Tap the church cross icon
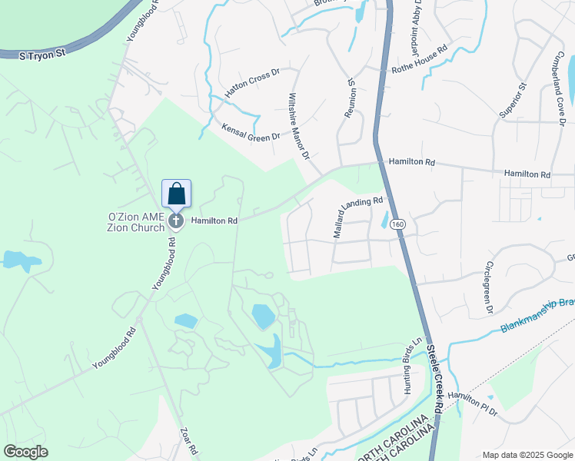pos(176,222)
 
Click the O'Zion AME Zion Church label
pos(136,222)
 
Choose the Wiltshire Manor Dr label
pos(297,127)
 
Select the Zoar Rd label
pos(189,441)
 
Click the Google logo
pos(25,451)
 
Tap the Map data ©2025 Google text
pos(527,455)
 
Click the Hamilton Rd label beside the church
pos(214,221)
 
